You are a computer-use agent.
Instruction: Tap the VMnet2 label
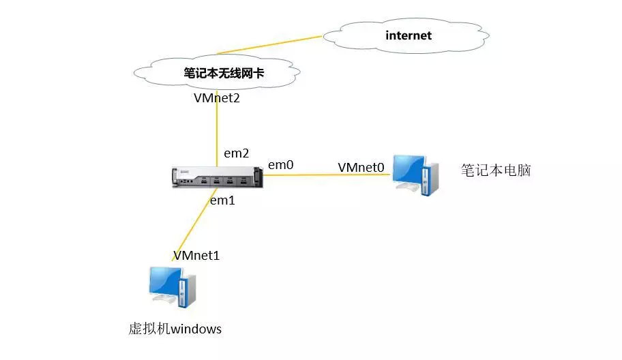click(217, 98)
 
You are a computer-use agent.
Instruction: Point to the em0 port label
click(280, 164)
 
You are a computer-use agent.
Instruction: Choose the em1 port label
click(222, 200)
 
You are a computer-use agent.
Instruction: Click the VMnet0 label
click(361, 166)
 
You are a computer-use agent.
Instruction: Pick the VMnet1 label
click(196, 256)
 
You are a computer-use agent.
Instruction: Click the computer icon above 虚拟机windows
click(173, 286)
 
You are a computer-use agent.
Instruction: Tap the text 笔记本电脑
click(496, 170)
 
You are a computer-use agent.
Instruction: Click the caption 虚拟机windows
click(175, 329)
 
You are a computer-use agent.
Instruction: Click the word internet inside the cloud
click(409, 35)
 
